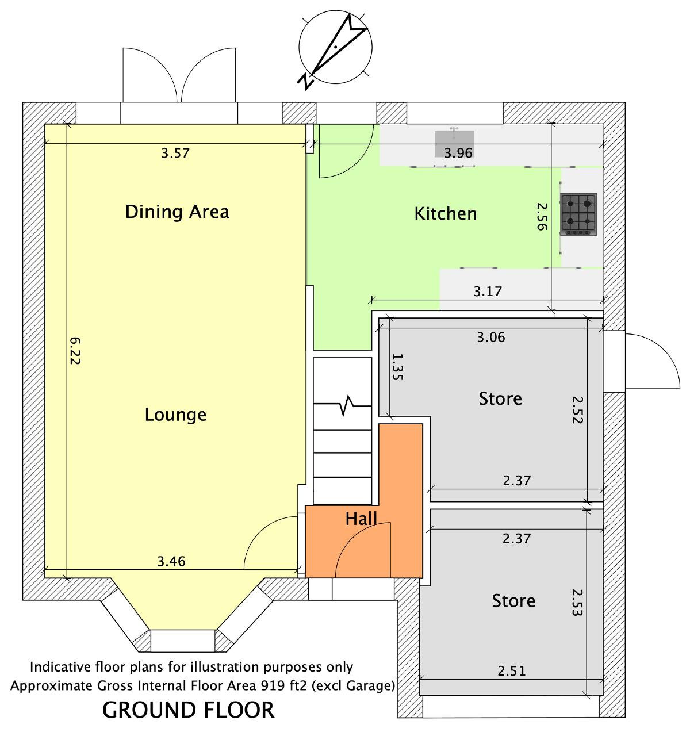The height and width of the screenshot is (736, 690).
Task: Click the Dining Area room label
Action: pyautogui.click(x=177, y=212)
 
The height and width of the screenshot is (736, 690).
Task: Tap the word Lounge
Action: pyautogui.click(x=175, y=415)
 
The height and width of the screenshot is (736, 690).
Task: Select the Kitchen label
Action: pyautogui.click(x=445, y=214)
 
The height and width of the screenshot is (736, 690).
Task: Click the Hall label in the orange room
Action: pyautogui.click(x=361, y=519)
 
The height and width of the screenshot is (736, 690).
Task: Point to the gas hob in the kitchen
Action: pyautogui.click(x=578, y=214)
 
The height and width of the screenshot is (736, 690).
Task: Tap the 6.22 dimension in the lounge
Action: pyautogui.click(x=75, y=351)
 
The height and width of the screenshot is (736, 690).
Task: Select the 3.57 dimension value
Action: pyautogui.click(x=175, y=153)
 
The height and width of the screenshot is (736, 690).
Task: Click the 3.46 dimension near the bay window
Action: pyautogui.click(x=171, y=561)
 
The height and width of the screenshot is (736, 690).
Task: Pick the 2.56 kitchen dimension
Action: pyautogui.click(x=542, y=216)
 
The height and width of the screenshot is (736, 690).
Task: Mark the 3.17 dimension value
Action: pyautogui.click(x=488, y=292)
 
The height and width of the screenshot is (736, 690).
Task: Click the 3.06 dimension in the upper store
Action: pyautogui.click(x=491, y=338)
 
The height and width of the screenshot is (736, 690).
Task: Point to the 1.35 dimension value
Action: pyautogui.click(x=397, y=367)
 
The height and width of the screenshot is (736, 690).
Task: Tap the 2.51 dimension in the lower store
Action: pyautogui.click(x=512, y=671)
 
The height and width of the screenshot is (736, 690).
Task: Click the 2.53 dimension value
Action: pyautogui.click(x=577, y=603)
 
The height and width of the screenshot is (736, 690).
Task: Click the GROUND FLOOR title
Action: pyautogui.click(x=189, y=710)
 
